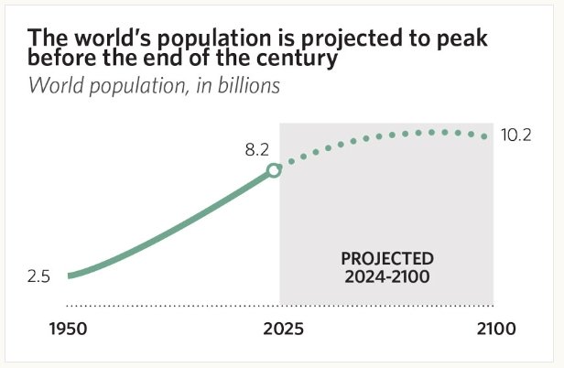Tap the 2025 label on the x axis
[x=273, y=328]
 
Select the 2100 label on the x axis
[x=497, y=328]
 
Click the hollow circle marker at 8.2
[x=273, y=170]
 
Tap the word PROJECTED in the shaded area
[x=387, y=258]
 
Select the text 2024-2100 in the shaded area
[x=387, y=275]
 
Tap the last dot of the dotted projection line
[x=485, y=136]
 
